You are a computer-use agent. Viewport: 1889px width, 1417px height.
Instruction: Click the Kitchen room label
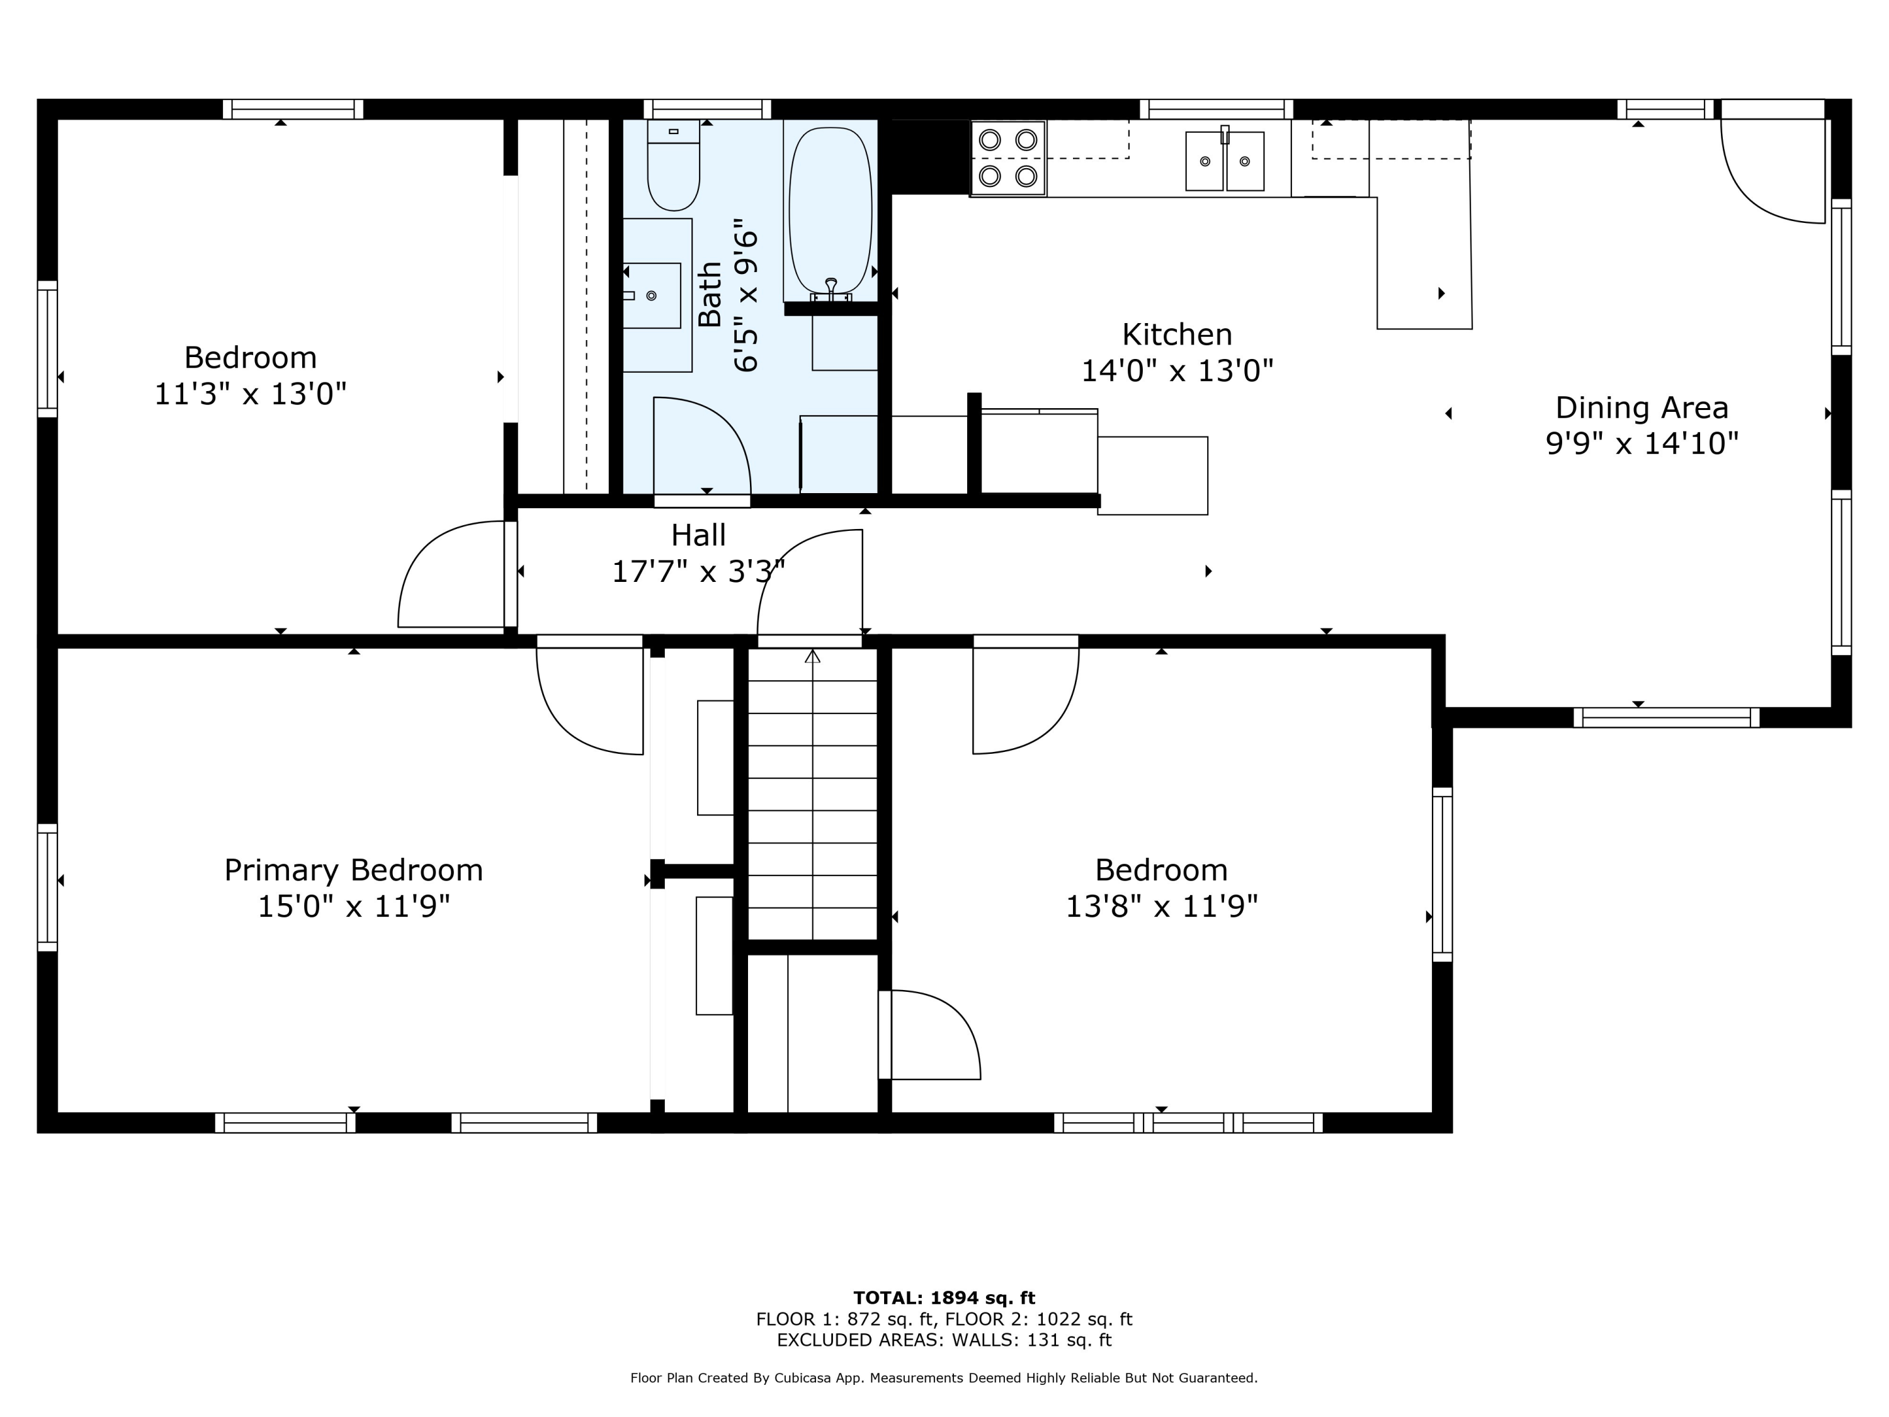1177,334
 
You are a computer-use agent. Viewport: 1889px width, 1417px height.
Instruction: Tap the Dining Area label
1642,407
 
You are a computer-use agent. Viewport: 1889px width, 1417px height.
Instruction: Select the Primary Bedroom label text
353,870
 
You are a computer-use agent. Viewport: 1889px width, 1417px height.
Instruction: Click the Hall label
698,535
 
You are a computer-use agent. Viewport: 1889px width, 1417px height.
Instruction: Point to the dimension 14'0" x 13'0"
1177,371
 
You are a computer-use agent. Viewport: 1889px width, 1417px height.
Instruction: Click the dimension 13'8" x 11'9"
1161,906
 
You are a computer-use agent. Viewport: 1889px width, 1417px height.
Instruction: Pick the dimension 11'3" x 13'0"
250,394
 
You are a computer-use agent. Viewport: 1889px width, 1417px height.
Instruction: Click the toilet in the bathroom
674,165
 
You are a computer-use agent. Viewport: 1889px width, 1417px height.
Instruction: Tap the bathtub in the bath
830,211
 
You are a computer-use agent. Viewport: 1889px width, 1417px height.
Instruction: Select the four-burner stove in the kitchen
1007,159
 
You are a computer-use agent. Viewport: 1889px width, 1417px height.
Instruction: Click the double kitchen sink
1225,161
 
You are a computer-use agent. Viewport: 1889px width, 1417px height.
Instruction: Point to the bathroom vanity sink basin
652,295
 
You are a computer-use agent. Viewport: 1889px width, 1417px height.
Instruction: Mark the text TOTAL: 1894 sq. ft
944,1298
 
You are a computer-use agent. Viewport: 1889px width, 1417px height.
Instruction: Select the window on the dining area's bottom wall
1666,717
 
